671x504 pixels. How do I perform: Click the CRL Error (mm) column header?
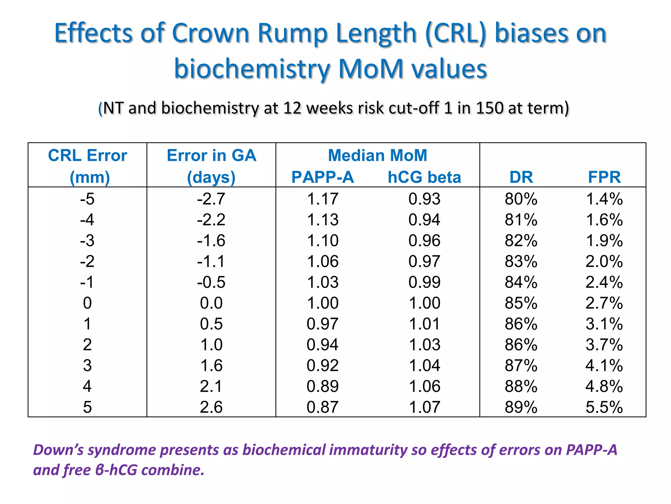click(87, 166)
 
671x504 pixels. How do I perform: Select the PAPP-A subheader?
click(323, 177)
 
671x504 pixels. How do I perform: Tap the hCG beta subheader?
click(424, 177)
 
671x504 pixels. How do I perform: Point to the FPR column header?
click(604, 177)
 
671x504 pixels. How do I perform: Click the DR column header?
click(521, 177)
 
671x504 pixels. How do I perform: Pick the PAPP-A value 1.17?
click(322, 199)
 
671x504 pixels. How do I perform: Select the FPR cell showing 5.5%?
click(604, 407)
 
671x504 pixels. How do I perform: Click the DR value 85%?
click(521, 303)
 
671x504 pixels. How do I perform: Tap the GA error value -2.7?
click(211, 199)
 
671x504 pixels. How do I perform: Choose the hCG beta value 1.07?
click(424, 407)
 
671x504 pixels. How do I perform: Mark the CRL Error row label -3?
click(87, 241)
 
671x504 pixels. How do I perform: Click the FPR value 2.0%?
click(604, 262)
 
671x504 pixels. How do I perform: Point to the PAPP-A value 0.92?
click(322, 366)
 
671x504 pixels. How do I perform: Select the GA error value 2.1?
click(211, 386)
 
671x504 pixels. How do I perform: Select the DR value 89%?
click(521, 407)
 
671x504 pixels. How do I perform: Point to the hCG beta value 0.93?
click(424, 199)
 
